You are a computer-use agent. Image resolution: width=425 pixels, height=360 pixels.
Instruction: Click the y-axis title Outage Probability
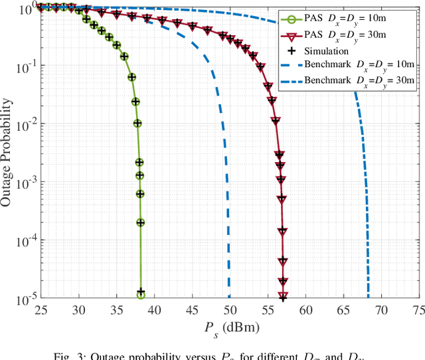click(7, 151)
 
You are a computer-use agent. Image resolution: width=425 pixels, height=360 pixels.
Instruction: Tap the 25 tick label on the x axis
click(41, 310)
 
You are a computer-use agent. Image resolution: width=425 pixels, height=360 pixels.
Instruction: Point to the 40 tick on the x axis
click(154, 310)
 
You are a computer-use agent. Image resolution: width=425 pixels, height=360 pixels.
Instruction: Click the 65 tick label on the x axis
click(344, 310)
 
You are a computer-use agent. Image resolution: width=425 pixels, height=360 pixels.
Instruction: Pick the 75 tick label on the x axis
click(418, 310)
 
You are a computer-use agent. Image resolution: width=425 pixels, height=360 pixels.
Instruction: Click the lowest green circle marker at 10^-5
click(141, 294)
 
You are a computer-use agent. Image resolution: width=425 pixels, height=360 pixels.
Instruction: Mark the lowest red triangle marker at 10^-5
click(283, 296)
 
